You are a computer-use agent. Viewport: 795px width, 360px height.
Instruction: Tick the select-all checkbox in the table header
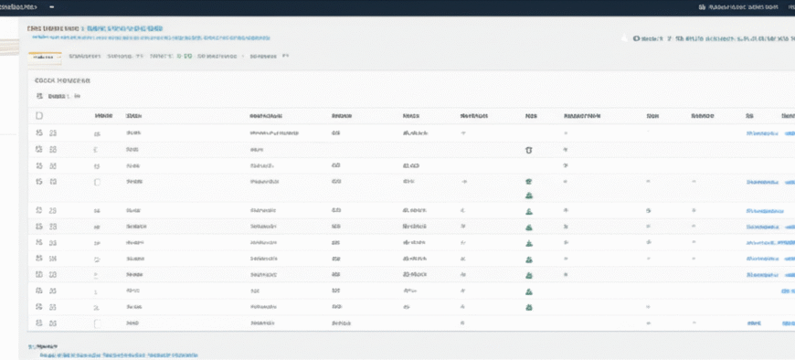coord(39,116)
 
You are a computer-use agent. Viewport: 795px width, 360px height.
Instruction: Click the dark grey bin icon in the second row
coord(529,149)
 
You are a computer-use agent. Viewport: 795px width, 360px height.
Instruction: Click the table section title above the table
coord(56,80)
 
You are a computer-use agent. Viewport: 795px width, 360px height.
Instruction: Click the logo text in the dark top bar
coord(25,6)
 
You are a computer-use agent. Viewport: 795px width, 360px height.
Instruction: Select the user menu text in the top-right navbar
coord(731,6)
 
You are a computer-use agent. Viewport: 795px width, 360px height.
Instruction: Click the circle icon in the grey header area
coord(625,39)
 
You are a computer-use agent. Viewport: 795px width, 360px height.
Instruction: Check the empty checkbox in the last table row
coord(97,323)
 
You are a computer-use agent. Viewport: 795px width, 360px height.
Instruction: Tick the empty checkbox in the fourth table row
coord(97,182)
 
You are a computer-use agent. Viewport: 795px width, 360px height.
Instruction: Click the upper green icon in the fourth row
coord(529,182)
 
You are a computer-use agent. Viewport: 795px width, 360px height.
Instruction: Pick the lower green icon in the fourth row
coord(529,195)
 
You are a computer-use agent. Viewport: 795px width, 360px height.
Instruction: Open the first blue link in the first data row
coord(761,133)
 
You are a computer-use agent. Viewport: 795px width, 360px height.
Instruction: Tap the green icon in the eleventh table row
coord(529,307)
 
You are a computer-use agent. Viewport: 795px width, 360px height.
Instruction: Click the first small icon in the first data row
coord(39,133)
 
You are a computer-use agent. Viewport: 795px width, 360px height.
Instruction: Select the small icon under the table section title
coord(39,96)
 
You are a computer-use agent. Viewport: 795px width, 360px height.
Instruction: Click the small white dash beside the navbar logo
coord(64,6)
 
